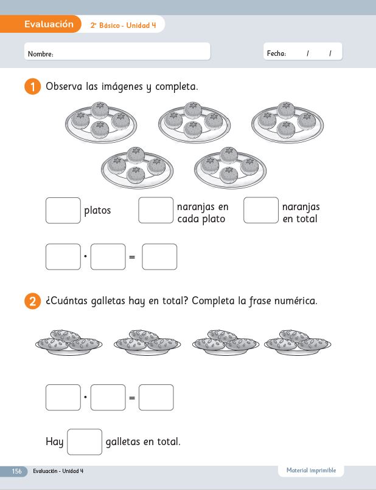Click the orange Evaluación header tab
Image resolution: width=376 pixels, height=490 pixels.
40,24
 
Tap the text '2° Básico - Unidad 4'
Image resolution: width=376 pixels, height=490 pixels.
123,26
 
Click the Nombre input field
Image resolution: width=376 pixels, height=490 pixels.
117,51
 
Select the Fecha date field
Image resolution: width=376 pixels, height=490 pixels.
303,51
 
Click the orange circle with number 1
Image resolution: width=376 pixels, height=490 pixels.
33,87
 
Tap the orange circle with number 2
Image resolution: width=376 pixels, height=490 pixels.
33,301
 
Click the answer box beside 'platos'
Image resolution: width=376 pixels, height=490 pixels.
63,210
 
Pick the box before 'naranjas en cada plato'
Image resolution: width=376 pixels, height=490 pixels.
156,210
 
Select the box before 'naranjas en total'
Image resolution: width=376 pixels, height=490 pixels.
261,210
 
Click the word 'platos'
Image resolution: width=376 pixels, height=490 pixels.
97,211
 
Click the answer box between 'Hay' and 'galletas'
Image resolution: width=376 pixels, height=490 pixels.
85,442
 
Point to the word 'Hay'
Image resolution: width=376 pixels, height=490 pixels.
55,442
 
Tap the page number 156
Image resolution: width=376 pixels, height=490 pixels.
16,471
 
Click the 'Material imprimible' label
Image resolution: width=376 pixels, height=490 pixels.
311,471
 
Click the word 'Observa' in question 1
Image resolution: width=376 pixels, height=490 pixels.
64,86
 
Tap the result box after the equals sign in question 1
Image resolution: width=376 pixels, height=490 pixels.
159,257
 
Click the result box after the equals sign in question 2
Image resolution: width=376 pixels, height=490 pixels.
156,397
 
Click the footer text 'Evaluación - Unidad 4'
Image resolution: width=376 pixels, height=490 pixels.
58,471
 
